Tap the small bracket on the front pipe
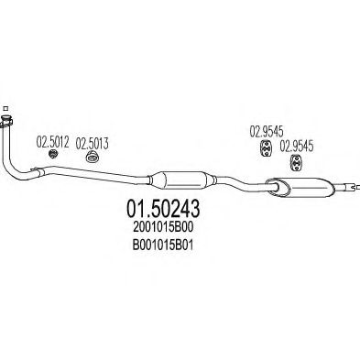[x=40, y=170]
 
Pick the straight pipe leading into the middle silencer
[x=110, y=174]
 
